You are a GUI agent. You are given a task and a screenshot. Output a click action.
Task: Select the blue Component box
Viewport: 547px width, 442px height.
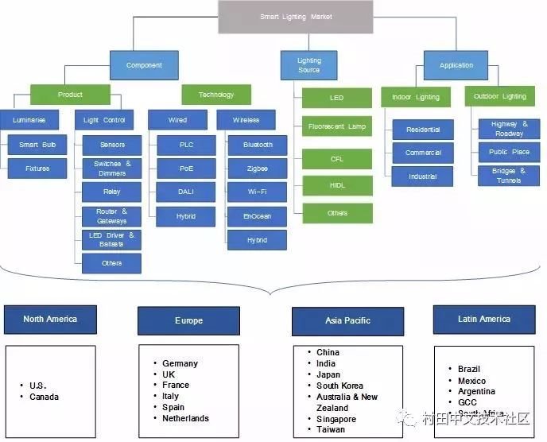click(144, 65)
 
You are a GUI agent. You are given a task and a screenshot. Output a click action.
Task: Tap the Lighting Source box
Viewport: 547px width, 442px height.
click(309, 65)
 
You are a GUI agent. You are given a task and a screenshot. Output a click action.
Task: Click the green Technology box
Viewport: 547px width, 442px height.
click(216, 95)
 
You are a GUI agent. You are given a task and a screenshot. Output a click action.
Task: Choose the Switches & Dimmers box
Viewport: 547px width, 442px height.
click(111, 169)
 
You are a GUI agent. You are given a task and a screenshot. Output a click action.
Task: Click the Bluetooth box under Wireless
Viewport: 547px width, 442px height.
click(258, 145)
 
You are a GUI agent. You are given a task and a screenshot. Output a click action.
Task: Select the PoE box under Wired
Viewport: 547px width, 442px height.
click(185, 169)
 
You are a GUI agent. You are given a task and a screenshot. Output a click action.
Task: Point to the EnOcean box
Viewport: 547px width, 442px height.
click(258, 215)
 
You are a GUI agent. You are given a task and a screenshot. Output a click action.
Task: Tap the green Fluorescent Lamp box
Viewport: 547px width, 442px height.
click(336, 126)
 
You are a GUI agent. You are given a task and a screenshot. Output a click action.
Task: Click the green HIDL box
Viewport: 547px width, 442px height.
click(336, 185)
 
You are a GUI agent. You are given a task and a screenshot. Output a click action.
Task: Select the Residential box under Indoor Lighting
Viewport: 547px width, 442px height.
click(423, 130)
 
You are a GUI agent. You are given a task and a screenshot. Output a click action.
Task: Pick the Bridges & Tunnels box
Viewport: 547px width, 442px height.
click(509, 176)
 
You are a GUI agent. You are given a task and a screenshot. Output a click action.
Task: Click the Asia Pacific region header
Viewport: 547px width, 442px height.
click(347, 321)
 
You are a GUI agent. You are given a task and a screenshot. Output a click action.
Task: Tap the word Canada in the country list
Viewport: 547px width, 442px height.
click(45, 397)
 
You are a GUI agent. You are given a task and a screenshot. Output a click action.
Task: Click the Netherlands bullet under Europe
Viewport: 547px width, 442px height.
click(185, 418)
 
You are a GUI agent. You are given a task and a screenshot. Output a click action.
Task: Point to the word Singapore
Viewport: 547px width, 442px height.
click(336, 419)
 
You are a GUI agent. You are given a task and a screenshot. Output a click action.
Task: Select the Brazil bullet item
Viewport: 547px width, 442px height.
click(469, 369)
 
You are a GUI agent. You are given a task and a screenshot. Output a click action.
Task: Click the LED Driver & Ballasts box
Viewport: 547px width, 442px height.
click(111, 239)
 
